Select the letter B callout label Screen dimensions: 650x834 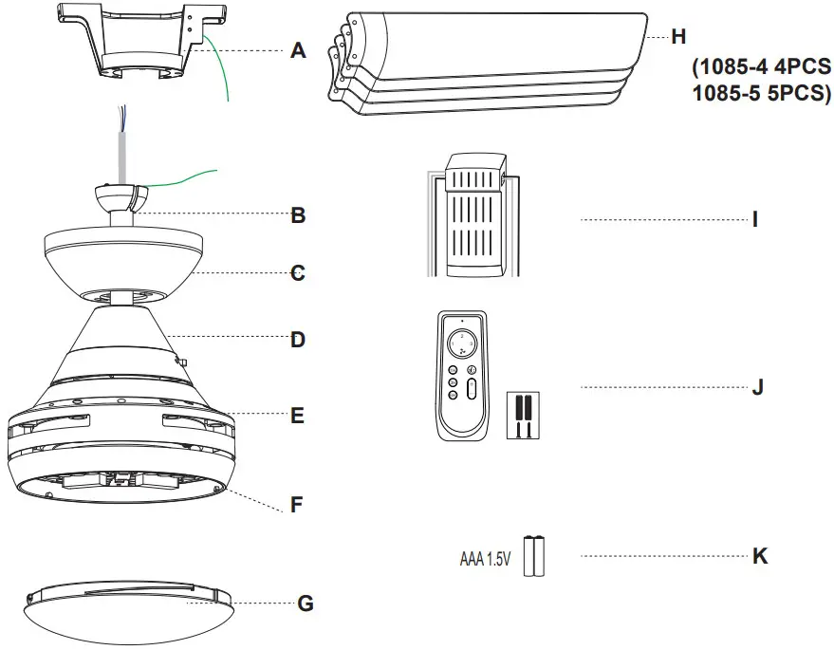tap(298, 215)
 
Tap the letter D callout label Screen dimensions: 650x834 tap(298, 339)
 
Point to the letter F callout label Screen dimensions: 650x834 tap(297, 505)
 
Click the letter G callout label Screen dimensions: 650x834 tap(305, 603)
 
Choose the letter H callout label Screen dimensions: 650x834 tap(677, 37)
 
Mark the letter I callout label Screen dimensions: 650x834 tap(755, 219)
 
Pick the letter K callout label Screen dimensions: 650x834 tap(759, 556)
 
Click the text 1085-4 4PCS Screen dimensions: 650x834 tap(760, 69)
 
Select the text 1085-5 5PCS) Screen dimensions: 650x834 tap(758, 94)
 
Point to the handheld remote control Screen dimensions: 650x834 tap(463, 377)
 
